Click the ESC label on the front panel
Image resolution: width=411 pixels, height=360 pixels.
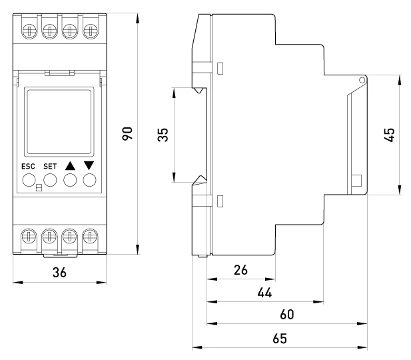tap(29, 166)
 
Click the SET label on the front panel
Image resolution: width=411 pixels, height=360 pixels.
tap(50, 166)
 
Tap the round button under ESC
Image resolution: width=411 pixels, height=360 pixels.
tap(29, 179)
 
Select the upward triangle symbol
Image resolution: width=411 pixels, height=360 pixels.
tap(71, 165)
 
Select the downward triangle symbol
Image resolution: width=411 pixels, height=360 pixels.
tap(90, 165)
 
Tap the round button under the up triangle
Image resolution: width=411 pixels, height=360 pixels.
tap(70, 179)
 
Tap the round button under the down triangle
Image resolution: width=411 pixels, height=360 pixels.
tap(90, 179)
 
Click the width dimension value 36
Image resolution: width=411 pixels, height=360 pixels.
tap(60, 273)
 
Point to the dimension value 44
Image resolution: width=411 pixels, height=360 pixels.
tap(264, 293)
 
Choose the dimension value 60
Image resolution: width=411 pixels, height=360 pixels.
tap(286, 314)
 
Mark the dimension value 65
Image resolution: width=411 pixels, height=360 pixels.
tap(280, 339)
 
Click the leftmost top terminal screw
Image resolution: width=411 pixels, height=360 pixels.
tap(29, 31)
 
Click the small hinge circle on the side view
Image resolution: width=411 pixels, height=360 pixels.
tap(361, 80)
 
